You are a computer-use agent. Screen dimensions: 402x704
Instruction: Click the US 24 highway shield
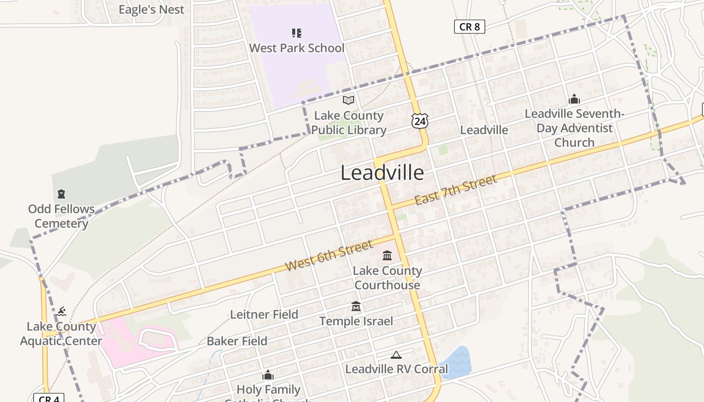(x=419, y=121)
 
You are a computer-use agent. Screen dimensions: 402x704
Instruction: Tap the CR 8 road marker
(x=469, y=27)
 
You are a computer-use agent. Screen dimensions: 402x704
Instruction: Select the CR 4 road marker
(x=49, y=398)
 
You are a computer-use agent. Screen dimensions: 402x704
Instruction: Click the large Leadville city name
(x=382, y=173)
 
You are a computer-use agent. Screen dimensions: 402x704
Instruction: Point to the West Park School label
(x=297, y=48)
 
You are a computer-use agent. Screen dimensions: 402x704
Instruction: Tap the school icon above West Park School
(x=297, y=33)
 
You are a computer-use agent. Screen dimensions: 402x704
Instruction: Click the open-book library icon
(x=348, y=100)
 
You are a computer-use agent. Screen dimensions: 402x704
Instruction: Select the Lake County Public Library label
(x=348, y=123)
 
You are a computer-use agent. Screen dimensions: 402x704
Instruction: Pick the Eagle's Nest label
(x=151, y=10)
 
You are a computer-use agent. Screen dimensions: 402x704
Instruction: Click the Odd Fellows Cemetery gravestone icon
(x=61, y=194)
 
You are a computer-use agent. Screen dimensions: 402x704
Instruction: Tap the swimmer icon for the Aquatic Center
(x=61, y=312)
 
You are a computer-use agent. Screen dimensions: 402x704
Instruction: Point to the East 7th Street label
(x=456, y=189)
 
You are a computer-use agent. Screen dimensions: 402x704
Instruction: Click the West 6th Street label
(x=329, y=256)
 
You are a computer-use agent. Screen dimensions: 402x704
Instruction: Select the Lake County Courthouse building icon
(x=387, y=256)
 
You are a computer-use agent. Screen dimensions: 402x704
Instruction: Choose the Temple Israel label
(x=356, y=321)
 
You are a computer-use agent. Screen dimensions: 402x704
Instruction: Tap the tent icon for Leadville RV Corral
(x=396, y=355)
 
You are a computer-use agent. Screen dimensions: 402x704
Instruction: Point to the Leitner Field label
(x=264, y=315)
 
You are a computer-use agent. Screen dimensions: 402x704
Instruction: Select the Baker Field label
(x=237, y=341)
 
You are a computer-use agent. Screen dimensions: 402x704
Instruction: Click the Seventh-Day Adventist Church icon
(x=574, y=99)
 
